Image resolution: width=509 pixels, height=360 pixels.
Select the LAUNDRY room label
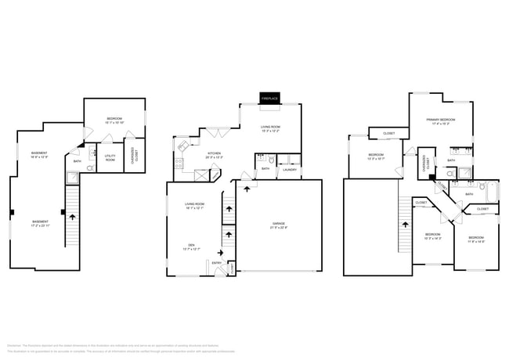click(289, 168)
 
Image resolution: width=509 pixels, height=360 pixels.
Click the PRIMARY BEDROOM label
click(439, 119)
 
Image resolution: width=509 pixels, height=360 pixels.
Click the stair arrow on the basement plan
click(73, 214)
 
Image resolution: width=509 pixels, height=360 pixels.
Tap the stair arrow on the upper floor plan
click(406, 225)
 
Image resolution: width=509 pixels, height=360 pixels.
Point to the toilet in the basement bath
click(92, 153)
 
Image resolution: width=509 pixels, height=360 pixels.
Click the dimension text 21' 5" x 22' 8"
click(278, 228)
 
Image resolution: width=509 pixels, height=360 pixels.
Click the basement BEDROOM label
click(114, 119)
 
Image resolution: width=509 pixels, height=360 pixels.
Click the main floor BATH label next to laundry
click(265, 168)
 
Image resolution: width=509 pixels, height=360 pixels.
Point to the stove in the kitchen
click(179, 164)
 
